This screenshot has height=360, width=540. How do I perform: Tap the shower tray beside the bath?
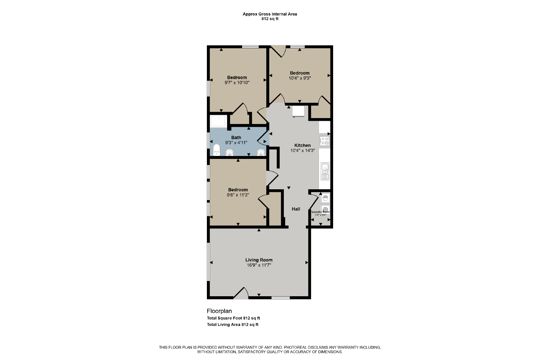click(218, 121)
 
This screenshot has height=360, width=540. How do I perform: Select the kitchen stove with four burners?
click(324, 141)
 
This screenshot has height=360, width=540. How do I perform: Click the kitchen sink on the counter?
click(325, 171)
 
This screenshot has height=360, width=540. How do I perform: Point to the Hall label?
click(296, 209)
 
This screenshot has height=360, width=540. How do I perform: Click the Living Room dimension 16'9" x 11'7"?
click(259, 265)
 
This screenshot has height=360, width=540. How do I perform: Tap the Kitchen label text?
click(302, 145)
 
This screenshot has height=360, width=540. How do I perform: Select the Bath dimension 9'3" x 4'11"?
click(236, 143)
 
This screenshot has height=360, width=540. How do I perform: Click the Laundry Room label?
click(321, 212)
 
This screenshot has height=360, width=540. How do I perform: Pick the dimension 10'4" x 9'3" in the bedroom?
click(300, 78)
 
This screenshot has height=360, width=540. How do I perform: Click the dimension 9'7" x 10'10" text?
click(237, 83)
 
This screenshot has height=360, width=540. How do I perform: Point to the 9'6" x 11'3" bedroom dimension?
click(238, 195)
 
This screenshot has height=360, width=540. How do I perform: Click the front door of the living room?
click(241, 294)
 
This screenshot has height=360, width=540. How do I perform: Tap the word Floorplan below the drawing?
click(219, 311)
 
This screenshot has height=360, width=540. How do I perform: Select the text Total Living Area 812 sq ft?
click(233, 325)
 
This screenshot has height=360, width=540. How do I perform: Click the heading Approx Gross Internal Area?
click(270, 14)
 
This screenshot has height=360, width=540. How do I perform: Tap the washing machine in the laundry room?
click(325, 198)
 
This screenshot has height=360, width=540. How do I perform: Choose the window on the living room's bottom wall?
click(280, 298)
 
